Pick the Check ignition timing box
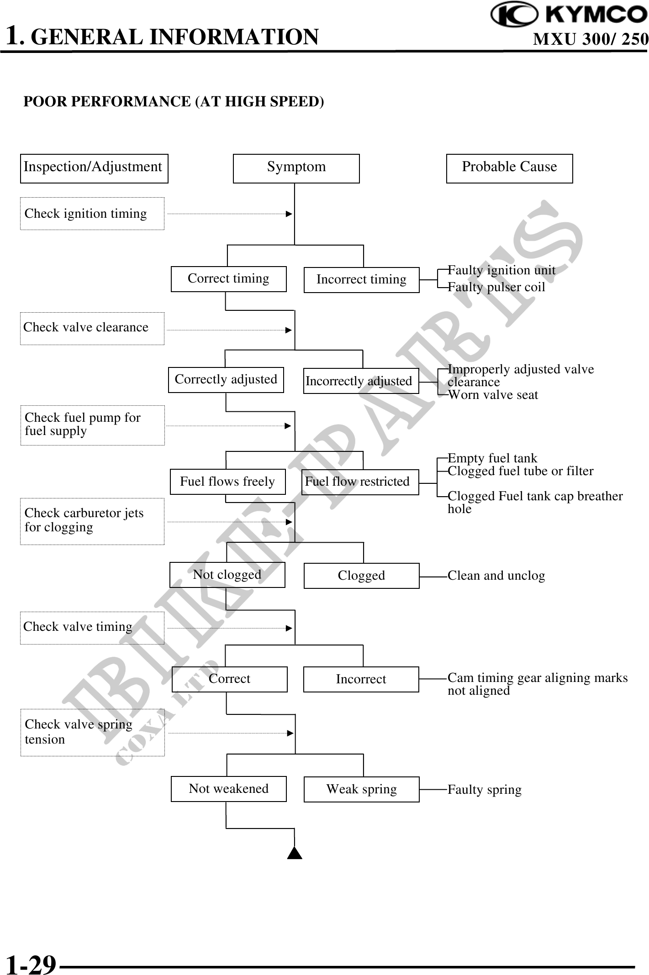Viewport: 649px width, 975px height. click(x=92, y=214)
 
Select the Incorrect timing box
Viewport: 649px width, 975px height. click(x=361, y=280)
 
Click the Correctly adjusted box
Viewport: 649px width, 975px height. click(x=226, y=380)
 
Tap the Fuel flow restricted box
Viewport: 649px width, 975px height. click(x=361, y=482)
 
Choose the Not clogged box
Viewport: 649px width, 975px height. click(x=227, y=575)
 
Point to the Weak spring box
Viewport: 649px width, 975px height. click(x=361, y=789)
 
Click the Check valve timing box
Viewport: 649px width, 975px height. click(x=92, y=628)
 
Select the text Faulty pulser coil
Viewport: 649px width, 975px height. click(x=496, y=287)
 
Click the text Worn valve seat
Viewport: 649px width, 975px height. click(x=493, y=395)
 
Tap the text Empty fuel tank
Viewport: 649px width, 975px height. click(x=492, y=458)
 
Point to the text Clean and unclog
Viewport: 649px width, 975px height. click(x=496, y=576)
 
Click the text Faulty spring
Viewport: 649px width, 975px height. click(x=484, y=790)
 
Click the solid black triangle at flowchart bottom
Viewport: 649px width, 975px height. click(x=295, y=853)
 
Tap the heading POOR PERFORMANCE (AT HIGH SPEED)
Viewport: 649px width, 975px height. click(x=174, y=101)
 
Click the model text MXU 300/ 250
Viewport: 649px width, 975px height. click(x=590, y=40)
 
